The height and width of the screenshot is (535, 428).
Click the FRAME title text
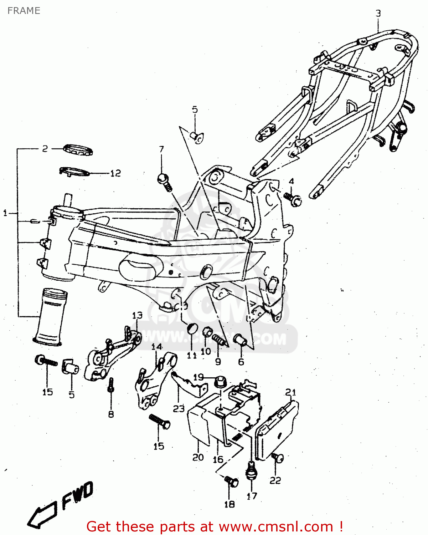point(24,11)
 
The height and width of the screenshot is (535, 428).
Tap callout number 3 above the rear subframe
point(378,14)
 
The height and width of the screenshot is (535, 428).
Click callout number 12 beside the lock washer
point(115,173)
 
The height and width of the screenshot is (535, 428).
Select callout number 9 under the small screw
point(218,362)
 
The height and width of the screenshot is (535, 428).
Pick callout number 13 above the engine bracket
point(137,315)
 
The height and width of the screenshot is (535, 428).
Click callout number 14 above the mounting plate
point(156,347)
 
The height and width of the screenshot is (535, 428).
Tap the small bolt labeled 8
point(111,385)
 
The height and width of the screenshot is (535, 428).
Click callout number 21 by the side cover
point(291,393)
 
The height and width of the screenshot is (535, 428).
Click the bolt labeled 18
point(231,482)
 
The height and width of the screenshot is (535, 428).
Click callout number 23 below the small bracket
point(179,409)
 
